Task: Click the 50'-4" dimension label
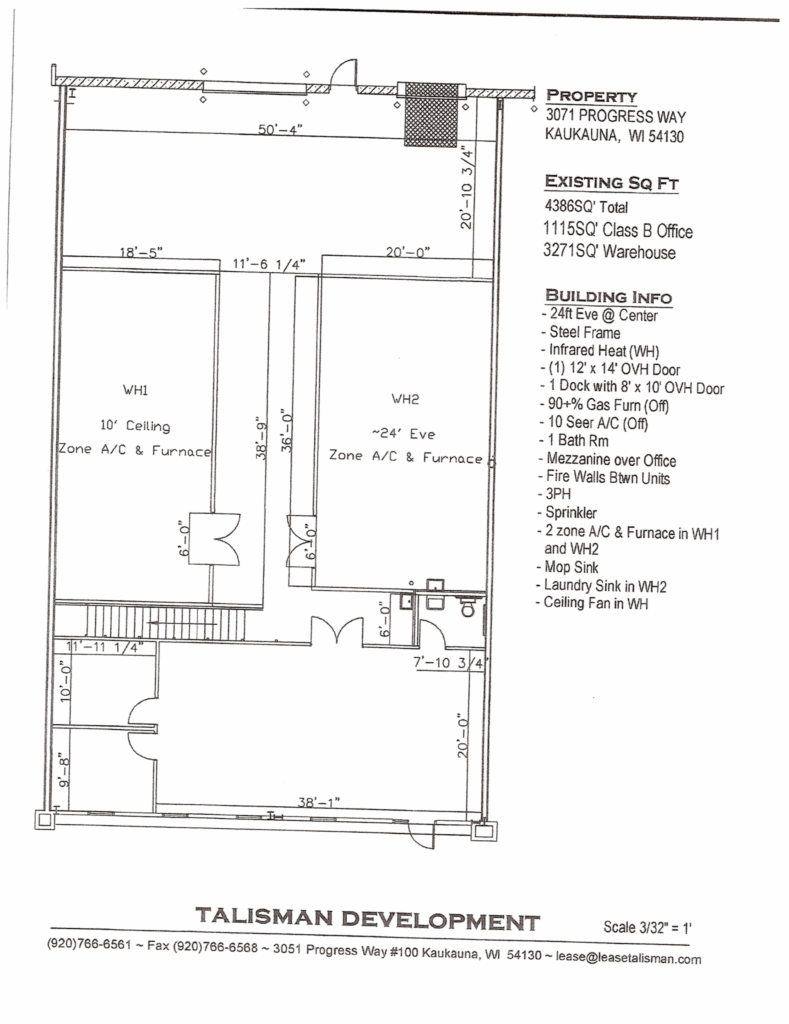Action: coord(280,129)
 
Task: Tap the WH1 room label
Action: coord(135,390)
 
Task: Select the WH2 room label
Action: coord(405,398)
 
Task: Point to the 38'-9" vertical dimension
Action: coord(262,438)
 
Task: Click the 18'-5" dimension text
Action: coord(140,251)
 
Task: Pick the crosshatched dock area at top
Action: coord(431,114)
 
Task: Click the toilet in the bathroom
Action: coord(468,607)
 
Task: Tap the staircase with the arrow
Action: coord(166,622)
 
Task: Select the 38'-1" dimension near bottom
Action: coord(319,801)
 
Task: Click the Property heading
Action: coord(591,96)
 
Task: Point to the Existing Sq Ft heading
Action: coord(611,182)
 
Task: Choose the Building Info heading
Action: coord(608,296)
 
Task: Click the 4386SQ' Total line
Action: coord(586,206)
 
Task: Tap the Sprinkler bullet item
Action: coord(567,512)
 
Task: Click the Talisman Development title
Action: coord(368,920)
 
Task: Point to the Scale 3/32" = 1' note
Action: coord(647,927)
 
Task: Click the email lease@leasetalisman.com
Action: coord(628,958)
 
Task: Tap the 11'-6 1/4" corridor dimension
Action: coord(269,264)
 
